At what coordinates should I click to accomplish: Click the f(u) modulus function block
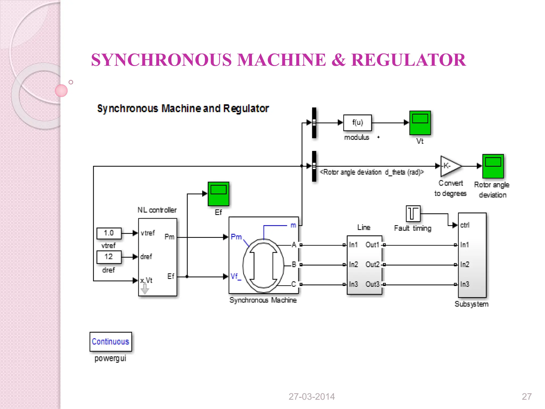click(357, 123)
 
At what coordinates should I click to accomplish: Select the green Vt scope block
click(420, 123)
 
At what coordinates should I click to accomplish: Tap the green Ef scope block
click(218, 194)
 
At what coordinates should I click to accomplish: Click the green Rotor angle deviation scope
click(493, 166)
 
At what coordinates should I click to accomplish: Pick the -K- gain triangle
click(450, 166)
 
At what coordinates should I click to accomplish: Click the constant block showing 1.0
click(109, 233)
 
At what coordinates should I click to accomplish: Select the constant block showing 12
click(109, 257)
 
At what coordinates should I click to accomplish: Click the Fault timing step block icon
click(413, 214)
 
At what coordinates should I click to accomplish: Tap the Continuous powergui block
click(111, 342)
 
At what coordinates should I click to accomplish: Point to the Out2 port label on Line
click(372, 265)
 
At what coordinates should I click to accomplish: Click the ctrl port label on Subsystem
click(465, 225)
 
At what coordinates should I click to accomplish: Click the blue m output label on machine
click(293, 225)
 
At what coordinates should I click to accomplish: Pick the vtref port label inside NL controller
click(148, 233)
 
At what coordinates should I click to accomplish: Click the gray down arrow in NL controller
click(144, 289)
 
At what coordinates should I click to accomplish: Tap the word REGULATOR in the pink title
click(408, 60)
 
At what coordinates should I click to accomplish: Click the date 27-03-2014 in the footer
click(312, 397)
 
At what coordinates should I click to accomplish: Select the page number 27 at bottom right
click(527, 397)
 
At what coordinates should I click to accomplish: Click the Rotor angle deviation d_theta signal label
click(371, 172)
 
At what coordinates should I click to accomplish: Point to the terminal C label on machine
click(294, 284)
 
